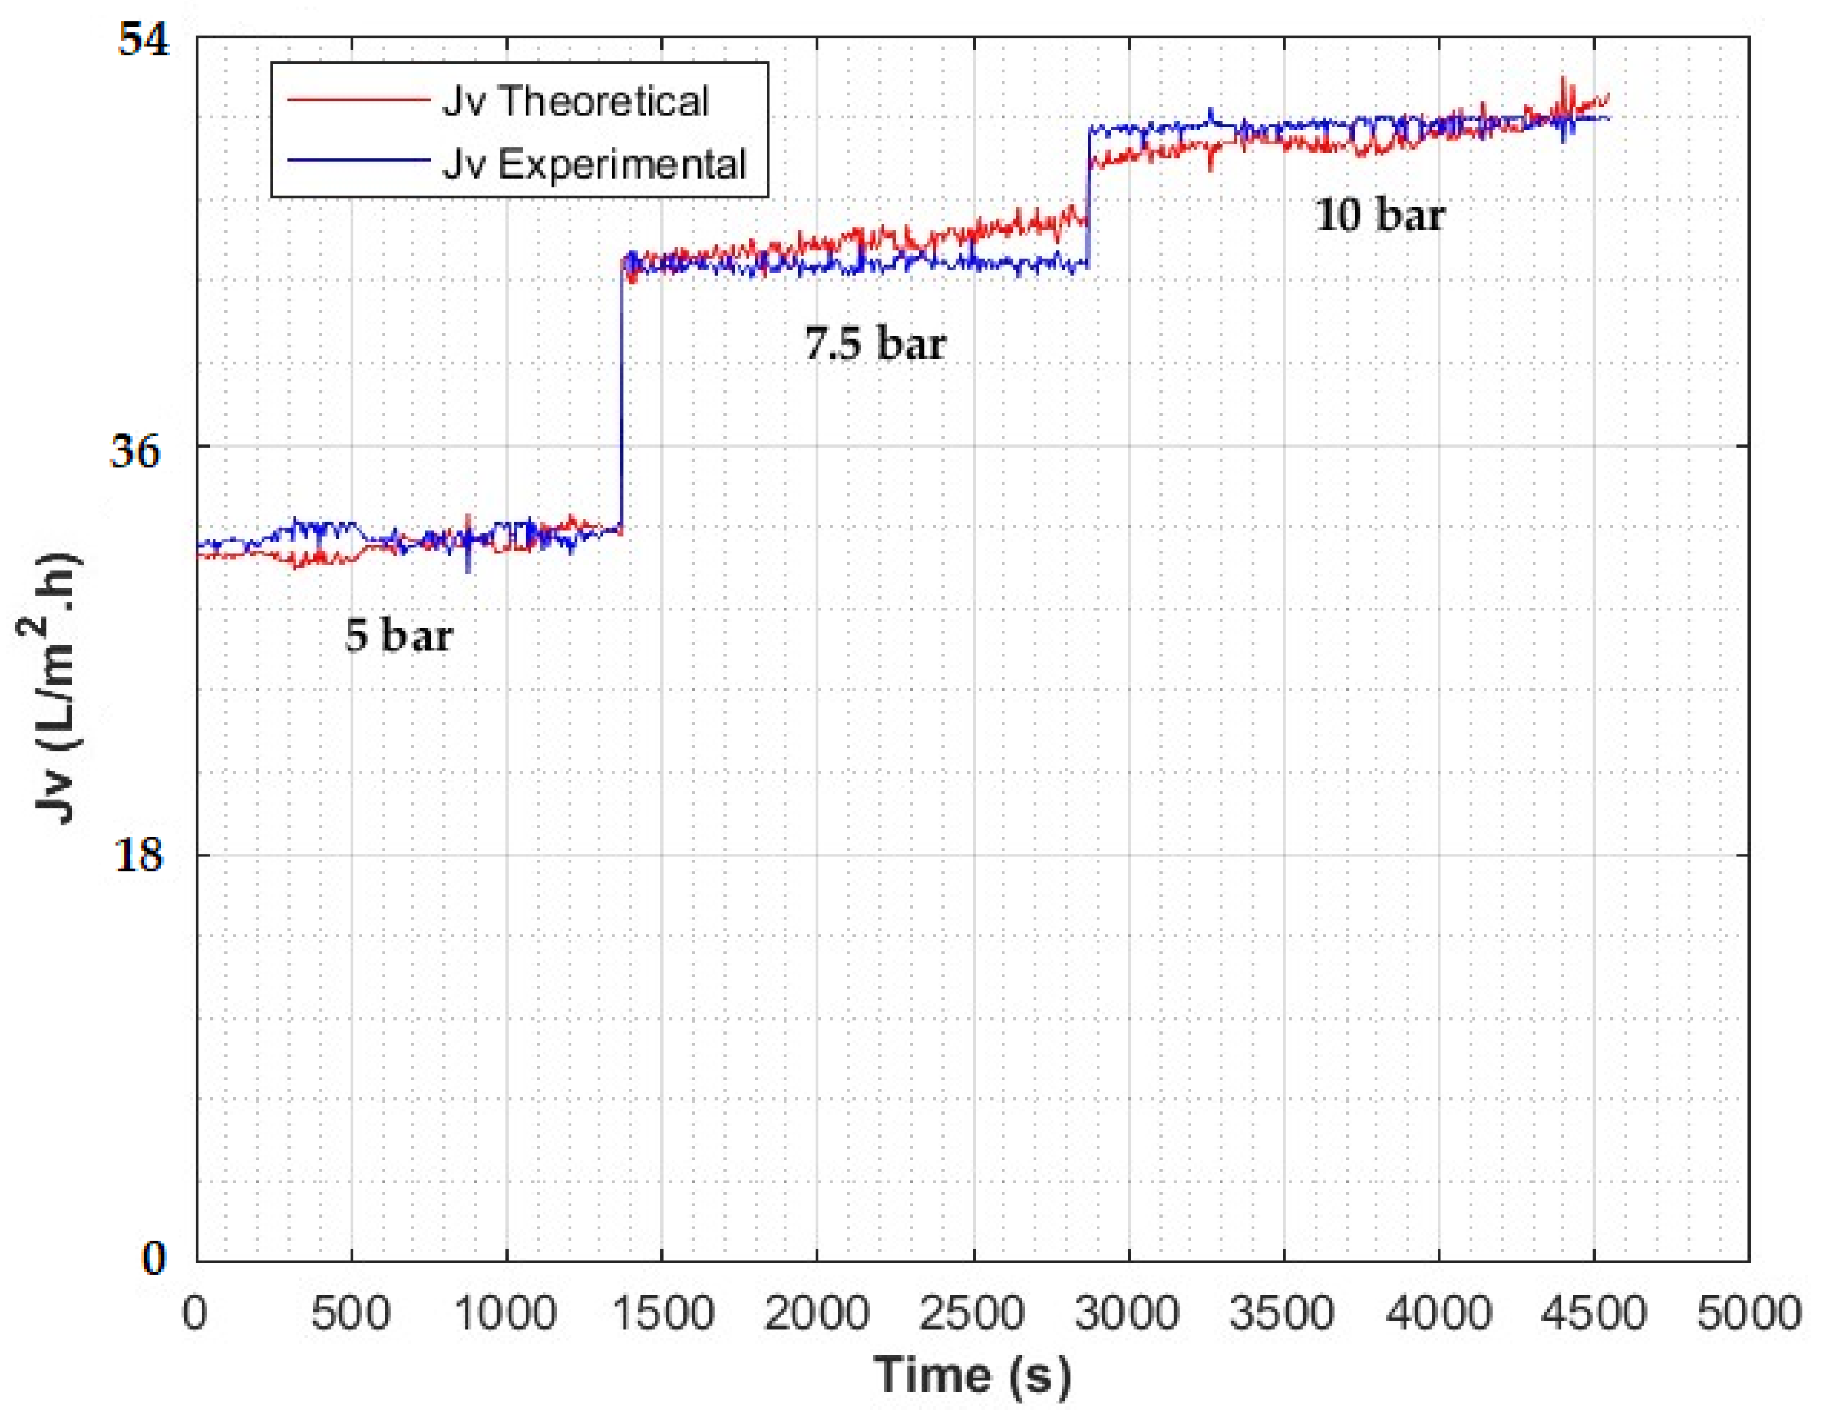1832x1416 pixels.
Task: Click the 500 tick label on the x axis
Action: pyautogui.click(x=351, y=1313)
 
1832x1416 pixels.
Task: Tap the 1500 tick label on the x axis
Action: pyautogui.click(x=662, y=1313)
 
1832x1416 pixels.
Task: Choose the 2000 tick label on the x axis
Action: pyautogui.click(x=817, y=1313)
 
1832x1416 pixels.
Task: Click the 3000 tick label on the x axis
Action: pyautogui.click(x=1128, y=1313)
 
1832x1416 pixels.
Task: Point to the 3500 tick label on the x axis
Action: pyautogui.click(x=1283, y=1313)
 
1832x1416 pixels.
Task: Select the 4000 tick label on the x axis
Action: pyautogui.click(x=1439, y=1313)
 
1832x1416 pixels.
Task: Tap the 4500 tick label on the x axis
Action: pyautogui.click(x=1594, y=1313)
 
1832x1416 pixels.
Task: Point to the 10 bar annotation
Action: pyautogui.click(x=1380, y=215)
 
